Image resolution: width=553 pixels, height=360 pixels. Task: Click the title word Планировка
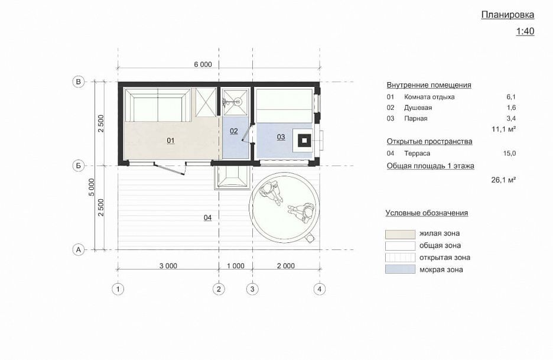pyautogui.click(x=508, y=15)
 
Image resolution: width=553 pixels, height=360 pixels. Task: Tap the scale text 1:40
pyautogui.click(x=525, y=31)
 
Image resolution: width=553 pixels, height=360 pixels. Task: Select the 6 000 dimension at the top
pyautogui.click(x=203, y=64)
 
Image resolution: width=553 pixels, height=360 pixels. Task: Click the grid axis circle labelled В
pyautogui.click(x=79, y=82)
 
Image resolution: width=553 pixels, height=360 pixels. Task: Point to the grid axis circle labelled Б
pyautogui.click(x=79, y=166)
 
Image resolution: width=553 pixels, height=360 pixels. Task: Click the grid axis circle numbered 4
pyautogui.click(x=320, y=289)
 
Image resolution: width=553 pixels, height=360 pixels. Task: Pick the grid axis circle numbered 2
pyautogui.click(x=219, y=289)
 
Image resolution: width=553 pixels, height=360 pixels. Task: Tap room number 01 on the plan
pyautogui.click(x=171, y=141)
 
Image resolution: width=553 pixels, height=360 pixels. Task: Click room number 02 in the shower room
pyautogui.click(x=234, y=131)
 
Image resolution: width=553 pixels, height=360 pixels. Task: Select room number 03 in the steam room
pyautogui.click(x=281, y=137)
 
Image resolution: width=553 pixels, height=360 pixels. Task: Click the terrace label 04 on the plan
pyautogui.click(x=208, y=218)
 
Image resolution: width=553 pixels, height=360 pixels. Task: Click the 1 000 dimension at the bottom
pyautogui.click(x=236, y=266)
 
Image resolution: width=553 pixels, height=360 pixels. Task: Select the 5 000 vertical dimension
pyautogui.click(x=92, y=187)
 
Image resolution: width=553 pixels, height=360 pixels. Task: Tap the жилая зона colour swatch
pyautogui.click(x=400, y=234)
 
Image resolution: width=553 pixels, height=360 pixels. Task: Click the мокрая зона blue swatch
pyautogui.click(x=400, y=269)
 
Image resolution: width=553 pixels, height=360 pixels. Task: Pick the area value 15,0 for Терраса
pyautogui.click(x=509, y=153)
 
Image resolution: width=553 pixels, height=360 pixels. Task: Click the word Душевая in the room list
pyautogui.click(x=418, y=108)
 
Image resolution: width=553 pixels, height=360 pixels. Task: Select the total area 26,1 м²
pyautogui.click(x=503, y=180)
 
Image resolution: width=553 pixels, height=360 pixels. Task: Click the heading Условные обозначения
pyautogui.click(x=427, y=213)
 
